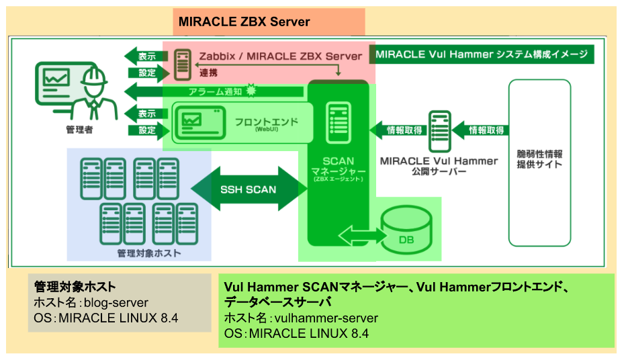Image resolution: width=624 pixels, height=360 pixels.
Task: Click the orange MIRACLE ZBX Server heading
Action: [x=244, y=22]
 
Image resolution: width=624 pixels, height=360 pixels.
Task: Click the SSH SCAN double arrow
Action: [x=248, y=189]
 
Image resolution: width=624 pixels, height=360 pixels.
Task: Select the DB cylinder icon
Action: [x=406, y=230]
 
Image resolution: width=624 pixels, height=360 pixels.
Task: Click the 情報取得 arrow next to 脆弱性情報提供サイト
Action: [x=482, y=130]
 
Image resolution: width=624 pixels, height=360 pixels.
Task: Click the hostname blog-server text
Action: [x=120, y=302]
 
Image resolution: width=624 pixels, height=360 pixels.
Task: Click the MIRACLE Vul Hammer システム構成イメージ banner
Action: [x=482, y=54]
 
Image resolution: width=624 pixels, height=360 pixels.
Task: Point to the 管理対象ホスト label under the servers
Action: [x=139, y=253]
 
